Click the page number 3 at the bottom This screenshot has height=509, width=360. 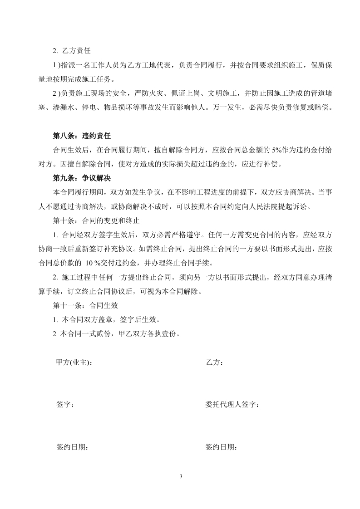pos(180,476)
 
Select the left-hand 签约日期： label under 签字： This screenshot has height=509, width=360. pos(72,447)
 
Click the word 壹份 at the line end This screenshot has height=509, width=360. pos(169,334)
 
